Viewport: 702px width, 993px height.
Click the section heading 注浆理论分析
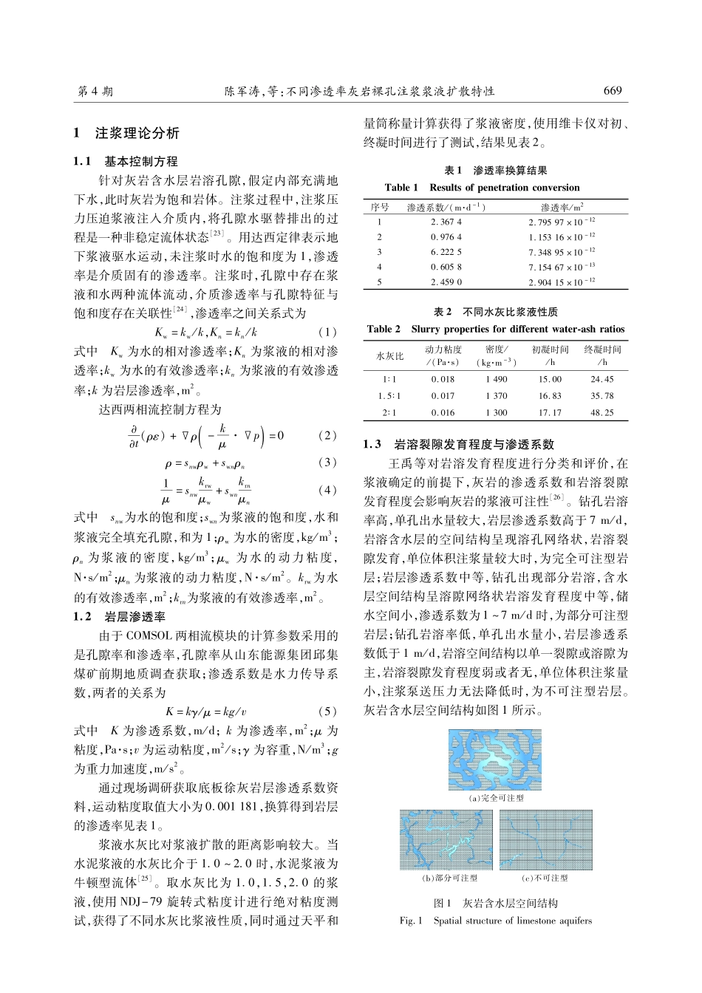137,134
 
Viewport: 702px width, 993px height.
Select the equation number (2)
327,435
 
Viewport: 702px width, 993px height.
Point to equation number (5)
327,712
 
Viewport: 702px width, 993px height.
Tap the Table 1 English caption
483,188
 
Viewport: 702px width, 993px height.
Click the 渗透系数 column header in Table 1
446,208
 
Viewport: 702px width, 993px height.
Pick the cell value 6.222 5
446,252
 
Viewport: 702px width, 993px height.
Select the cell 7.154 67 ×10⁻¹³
562,267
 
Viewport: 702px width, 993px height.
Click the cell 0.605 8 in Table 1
446,267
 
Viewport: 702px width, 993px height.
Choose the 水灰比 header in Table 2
390,355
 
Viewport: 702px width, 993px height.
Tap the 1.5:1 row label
390,396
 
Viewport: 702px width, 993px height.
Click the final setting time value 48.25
602,413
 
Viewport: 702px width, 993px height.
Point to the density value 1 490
497,379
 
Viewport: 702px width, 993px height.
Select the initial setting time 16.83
550,396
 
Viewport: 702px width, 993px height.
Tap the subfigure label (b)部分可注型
449,878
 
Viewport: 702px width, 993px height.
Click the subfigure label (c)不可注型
545,878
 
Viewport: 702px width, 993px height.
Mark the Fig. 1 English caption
496,921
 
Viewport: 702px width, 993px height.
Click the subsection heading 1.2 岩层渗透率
120,616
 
